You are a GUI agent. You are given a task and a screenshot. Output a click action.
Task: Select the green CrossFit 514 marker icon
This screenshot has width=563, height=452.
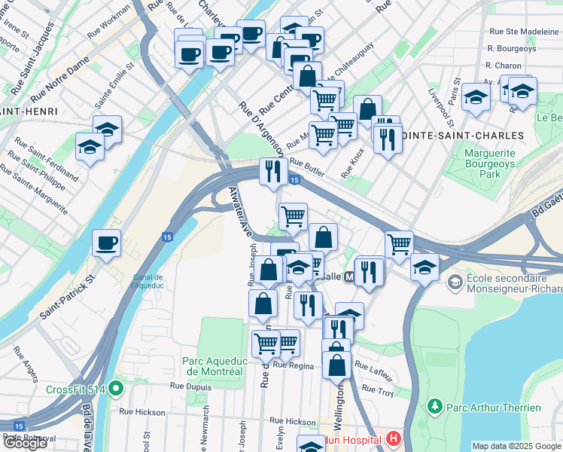(x=115, y=389)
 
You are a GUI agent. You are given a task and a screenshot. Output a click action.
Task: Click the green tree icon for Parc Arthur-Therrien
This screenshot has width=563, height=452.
(x=434, y=408)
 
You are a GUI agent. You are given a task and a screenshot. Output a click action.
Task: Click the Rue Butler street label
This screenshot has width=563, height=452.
(x=306, y=167)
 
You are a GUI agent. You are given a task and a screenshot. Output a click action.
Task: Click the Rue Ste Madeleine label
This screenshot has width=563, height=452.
(x=524, y=32)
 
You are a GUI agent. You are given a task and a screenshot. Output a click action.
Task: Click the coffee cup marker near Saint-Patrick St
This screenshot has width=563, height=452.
(x=106, y=243)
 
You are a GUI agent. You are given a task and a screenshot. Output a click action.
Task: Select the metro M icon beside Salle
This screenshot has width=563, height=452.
(x=349, y=276)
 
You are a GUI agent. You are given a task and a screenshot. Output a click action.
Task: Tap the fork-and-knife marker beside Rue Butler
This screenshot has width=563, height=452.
(x=271, y=171)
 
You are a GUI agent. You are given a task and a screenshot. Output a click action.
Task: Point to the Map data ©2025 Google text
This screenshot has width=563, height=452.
(x=516, y=446)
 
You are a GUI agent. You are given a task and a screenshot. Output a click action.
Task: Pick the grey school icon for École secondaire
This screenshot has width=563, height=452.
(x=455, y=282)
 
